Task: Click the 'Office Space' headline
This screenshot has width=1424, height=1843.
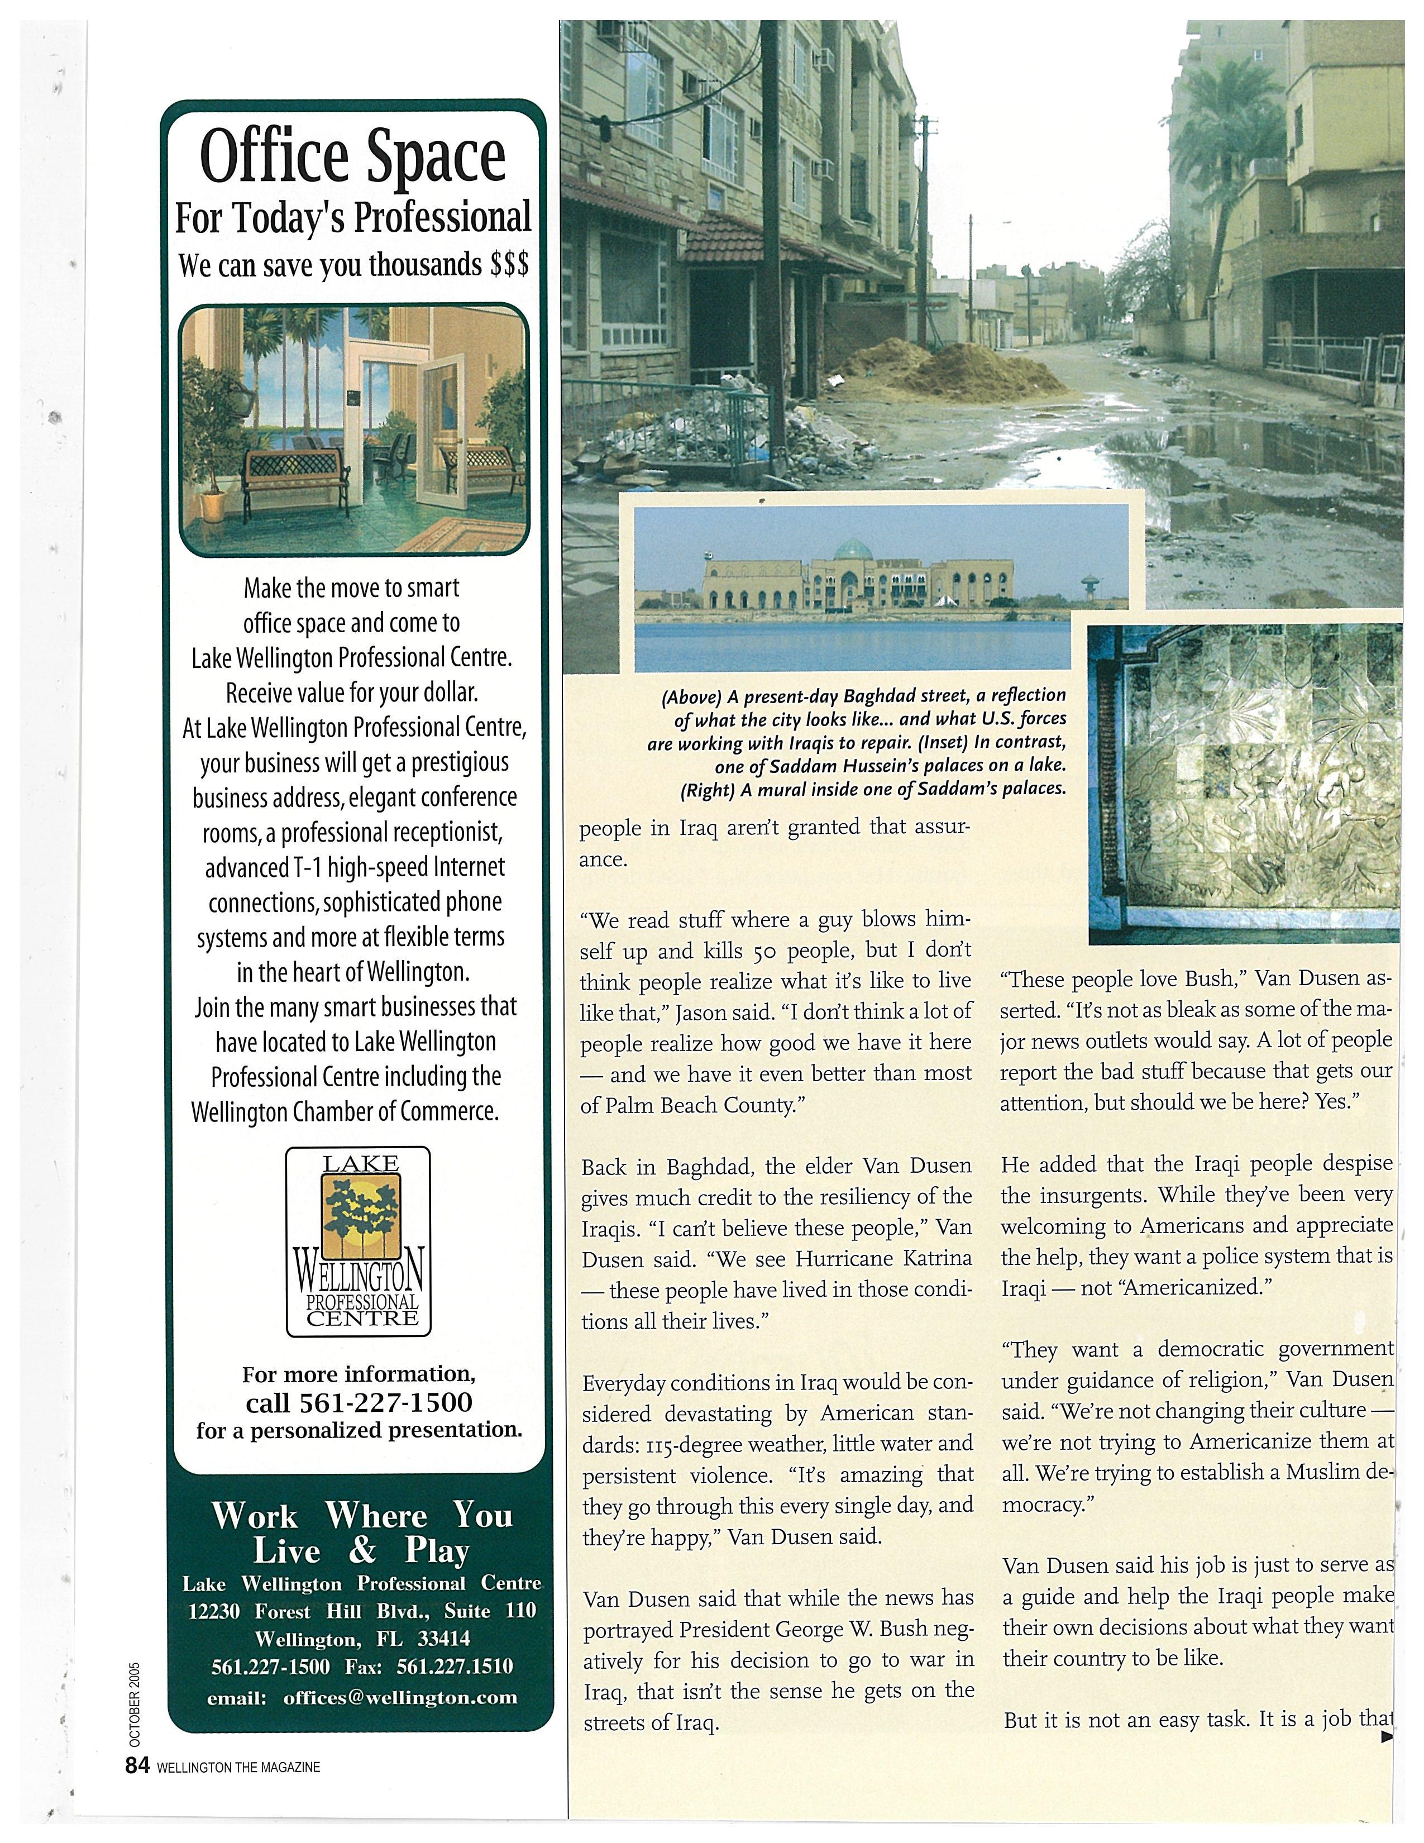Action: click(x=352, y=156)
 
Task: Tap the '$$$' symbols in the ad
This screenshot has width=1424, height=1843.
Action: click(x=509, y=265)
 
